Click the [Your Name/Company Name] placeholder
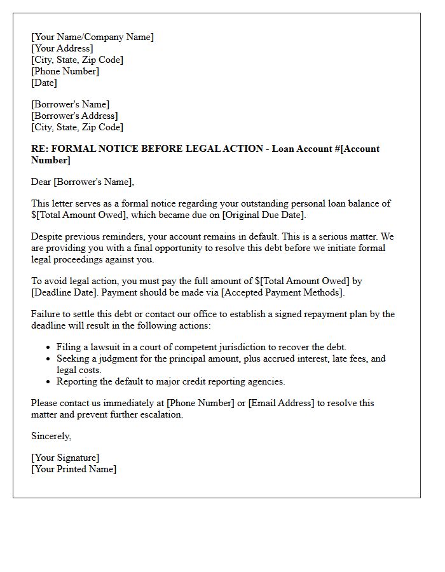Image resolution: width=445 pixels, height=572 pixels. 92,37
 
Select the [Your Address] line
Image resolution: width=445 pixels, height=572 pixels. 62,48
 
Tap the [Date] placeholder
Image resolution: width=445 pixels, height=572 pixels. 44,83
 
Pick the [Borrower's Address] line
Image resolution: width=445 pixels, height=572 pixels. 74,116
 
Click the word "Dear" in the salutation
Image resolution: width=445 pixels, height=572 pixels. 41,182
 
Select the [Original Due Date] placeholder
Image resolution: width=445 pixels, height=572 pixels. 266,215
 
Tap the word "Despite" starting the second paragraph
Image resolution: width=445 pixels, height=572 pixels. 47,236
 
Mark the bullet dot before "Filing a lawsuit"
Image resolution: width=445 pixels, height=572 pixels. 49,348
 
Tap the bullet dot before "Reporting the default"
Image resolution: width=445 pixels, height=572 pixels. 49,382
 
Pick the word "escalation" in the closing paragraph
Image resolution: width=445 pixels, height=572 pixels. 160,414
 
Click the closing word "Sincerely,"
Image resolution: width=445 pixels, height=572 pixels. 51,436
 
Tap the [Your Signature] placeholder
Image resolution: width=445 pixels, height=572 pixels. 65,458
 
